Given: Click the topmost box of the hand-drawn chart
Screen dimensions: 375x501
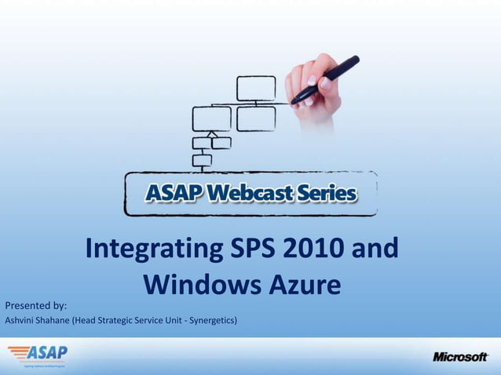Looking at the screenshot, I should point(256,88).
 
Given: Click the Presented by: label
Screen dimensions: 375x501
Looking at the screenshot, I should point(36,305).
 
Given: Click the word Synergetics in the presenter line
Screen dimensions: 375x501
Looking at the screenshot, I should point(210,320).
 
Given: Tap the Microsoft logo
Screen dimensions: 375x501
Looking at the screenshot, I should point(460,357).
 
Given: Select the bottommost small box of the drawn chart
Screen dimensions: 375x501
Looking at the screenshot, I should point(202,161).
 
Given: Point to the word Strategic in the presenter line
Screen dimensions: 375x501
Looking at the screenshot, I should point(120,320).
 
